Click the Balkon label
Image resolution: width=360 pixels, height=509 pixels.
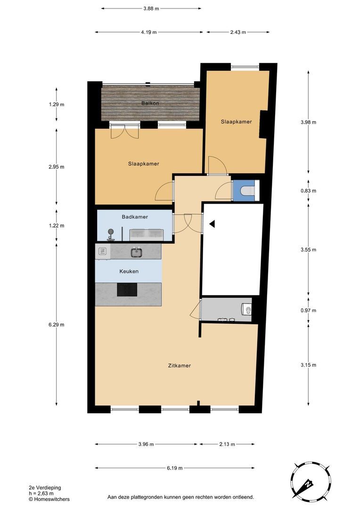[x=150, y=103]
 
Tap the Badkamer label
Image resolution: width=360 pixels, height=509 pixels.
[x=135, y=216]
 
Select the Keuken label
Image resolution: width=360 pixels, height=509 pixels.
[x=129, y=271]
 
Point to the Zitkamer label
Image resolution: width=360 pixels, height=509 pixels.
[x=179, y=365]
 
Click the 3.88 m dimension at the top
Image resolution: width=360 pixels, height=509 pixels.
[x=151, y=9]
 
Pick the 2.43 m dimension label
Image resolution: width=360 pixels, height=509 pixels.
[x=238, y=32]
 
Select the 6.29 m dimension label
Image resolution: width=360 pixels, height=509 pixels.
[x=57, y=324]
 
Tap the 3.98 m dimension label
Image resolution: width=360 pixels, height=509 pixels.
[x=308, y=122]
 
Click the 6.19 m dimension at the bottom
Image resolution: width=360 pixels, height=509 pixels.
[x=175, y=468]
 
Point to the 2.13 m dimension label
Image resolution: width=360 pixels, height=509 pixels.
[x=227, y=444]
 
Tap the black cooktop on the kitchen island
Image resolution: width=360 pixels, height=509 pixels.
[x=127, y=289]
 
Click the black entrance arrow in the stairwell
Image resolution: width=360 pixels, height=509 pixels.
[x=212, y=224]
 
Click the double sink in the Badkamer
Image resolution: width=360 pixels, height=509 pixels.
[x=146, y=235]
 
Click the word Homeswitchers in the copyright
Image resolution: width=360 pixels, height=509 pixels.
[x=52, y=499]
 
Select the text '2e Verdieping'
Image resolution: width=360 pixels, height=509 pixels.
[x=45, y=488]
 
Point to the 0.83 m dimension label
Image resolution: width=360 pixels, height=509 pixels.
[x=308, y=190]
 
